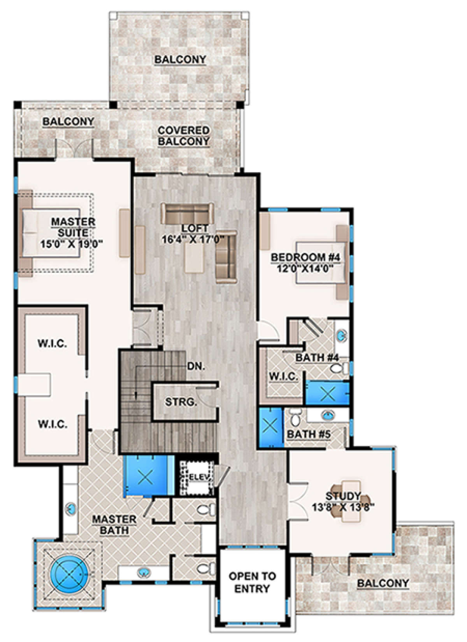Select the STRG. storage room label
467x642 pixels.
coord(181,402)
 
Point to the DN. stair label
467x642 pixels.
coord(196,366)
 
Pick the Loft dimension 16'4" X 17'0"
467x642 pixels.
coord(193,239)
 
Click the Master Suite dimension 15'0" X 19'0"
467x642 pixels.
coord(72,244)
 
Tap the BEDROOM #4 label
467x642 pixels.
coord(305,257)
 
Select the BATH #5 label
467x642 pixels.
coord(309,434)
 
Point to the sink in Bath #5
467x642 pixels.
coord(328,415)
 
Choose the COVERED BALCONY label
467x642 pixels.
coord(184,136)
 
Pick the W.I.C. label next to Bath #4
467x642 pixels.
coord(284,376)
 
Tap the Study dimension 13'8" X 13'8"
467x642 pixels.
coord(343,507)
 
